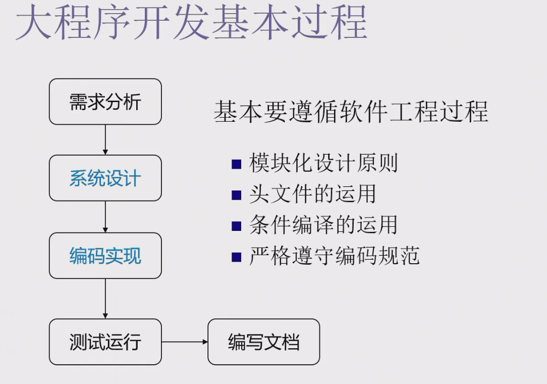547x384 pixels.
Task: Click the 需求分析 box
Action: [105, 102]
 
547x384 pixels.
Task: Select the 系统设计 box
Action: [105, 178]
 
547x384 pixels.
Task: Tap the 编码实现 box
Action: [105, 256]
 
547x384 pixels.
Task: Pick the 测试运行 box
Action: [105, 342]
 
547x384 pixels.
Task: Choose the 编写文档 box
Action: [263, 342]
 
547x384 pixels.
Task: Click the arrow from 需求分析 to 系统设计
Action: [105, 139]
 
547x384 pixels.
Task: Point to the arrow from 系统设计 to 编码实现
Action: [105, 217]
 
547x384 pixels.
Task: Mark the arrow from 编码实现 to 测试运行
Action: [105, 299]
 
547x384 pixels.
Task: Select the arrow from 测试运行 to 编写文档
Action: [185, 342]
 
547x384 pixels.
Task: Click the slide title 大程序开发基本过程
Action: [191, 22]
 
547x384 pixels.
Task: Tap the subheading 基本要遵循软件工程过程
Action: [351, 111]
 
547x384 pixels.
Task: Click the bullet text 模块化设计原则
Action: [323, 163]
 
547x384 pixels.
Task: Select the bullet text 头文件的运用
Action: [312, 194]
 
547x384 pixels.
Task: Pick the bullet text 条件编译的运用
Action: [323, 225]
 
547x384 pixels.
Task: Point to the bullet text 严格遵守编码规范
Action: [334, 256]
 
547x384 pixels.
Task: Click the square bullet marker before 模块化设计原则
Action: [236, 164]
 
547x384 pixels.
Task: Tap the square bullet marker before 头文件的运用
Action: [236, 195]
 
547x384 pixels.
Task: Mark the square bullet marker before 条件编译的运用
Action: [236, 226]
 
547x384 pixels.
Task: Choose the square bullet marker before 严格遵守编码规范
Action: [236, 257]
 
